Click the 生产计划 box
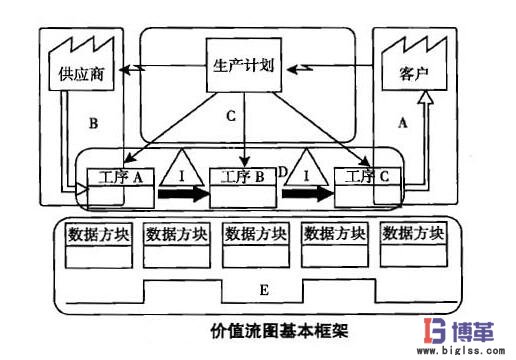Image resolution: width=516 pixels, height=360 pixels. pyautogui.click(x=245, y=68)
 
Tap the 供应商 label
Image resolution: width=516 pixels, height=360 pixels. pyautogui.click(x=75, y=75)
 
